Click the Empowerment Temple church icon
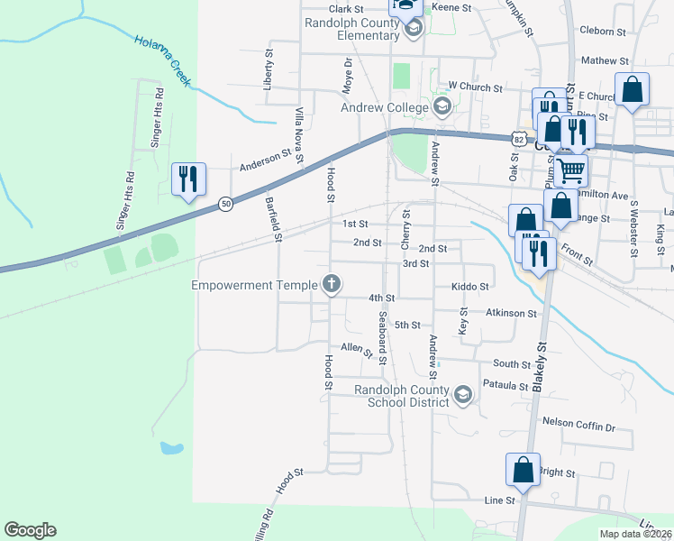[x=332, y=286]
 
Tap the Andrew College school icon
[x=442, y=108]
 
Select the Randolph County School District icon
[x=462, y=395]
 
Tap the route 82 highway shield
[x=516, y=139]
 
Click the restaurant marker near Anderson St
[x=188, y=179]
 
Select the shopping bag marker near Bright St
[x=523, y=470]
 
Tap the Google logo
[x=30, y=530]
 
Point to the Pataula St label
[x=504, y=386]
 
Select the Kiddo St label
[x=469, y=287]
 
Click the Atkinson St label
[x=511, y=314]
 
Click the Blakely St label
[x=542, y=363]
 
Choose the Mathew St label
[x=605, y=60]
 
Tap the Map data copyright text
[x=636, y=534]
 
